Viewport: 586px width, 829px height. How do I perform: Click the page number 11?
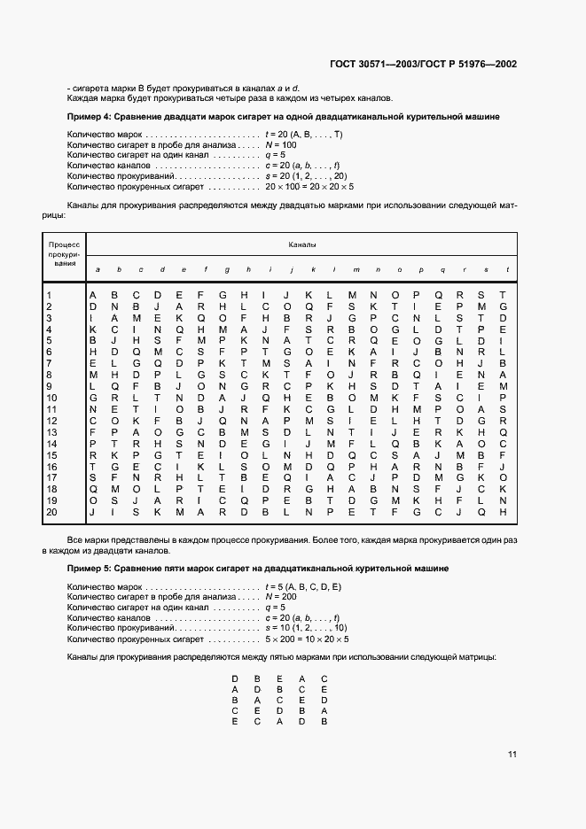[x=512, y=755]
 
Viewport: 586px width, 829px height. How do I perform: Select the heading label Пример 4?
[x=89, y=116]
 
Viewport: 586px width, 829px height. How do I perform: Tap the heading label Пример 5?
[x=89, y=568]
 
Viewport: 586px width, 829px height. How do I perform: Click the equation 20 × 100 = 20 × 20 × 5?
[x=309, y=187]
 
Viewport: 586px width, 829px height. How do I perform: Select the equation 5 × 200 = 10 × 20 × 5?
[x=307, y=639]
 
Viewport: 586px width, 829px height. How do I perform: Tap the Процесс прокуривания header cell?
[x=64, y=253]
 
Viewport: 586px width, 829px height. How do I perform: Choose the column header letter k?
[x=312, y=269]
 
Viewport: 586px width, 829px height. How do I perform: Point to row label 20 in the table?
[x=51, y=512]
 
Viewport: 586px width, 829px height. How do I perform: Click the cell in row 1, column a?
[x=92, y=295]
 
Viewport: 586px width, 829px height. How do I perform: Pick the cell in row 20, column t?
[x=503, y=512]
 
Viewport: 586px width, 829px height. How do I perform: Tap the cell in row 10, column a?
[x=92, y=398]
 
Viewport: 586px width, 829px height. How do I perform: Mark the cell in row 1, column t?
[x=503, y=295]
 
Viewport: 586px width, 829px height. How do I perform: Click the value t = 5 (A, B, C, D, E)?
[x=303, y=586]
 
